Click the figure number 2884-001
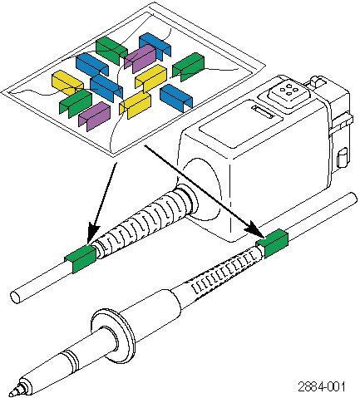(322, 386)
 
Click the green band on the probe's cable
(273, 243)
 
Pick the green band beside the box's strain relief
(81, 259)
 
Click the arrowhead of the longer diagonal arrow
(256, 229)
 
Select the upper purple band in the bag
(141, 58)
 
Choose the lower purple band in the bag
(95, 116)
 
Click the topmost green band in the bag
(111, 51)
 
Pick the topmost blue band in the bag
(155, 46)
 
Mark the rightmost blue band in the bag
(176, 98)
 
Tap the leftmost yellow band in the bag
(67, 83)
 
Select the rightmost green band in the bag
(189, 67)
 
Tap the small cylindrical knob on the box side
(342, 158)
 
